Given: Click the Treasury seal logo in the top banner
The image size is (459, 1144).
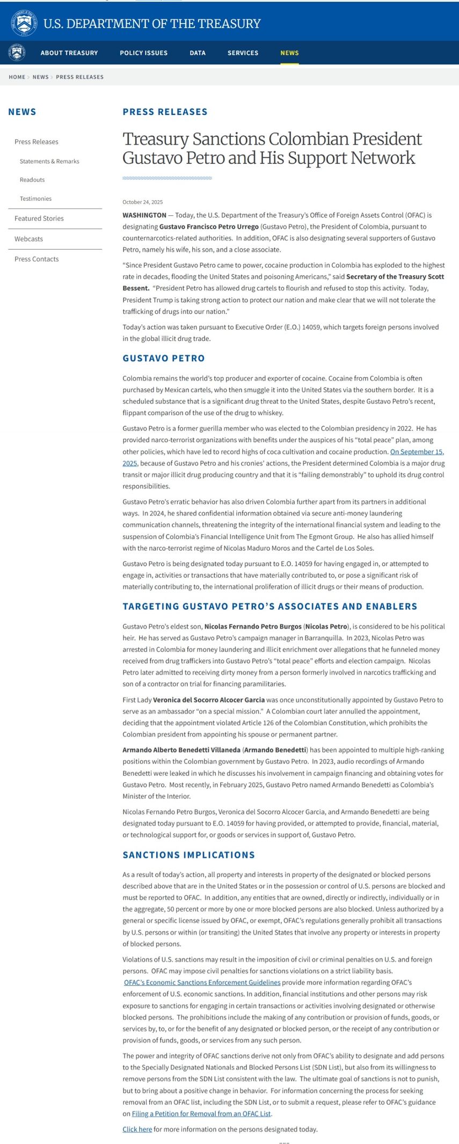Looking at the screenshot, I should point(24,23).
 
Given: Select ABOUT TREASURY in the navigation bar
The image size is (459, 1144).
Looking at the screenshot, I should point(69,53).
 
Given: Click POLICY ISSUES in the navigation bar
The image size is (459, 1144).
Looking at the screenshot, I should point(143,53).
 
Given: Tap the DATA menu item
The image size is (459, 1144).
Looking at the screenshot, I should point(198,53).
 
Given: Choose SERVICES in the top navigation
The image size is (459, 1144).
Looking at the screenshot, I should point(243,53).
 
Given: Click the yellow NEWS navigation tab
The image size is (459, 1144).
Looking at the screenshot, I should point(289,53).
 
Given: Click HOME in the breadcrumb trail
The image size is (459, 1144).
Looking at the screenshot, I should point(17,77).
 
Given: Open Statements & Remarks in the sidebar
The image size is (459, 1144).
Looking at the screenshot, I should point(49,162).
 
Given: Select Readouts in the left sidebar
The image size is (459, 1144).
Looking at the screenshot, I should point(32,180).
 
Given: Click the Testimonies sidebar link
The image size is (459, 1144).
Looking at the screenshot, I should point(35,199).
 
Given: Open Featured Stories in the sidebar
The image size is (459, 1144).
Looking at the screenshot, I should point(39,218).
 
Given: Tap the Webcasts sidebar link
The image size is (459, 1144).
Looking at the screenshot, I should point(28,239).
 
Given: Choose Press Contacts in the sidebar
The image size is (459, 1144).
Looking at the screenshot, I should point(37,259).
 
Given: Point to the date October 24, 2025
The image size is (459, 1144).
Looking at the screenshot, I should point(142,202).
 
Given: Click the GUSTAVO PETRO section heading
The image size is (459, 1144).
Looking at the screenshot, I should point(163,359).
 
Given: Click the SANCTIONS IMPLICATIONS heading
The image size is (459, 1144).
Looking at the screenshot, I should point(188,855).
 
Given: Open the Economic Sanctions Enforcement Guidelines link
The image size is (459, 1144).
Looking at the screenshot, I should point(202,983).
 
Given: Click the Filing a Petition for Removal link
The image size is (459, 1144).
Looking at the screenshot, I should point(201,1114).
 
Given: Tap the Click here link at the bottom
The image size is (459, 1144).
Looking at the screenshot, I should point(137,1130).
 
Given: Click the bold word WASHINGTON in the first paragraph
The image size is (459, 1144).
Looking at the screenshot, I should point(144,215).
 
